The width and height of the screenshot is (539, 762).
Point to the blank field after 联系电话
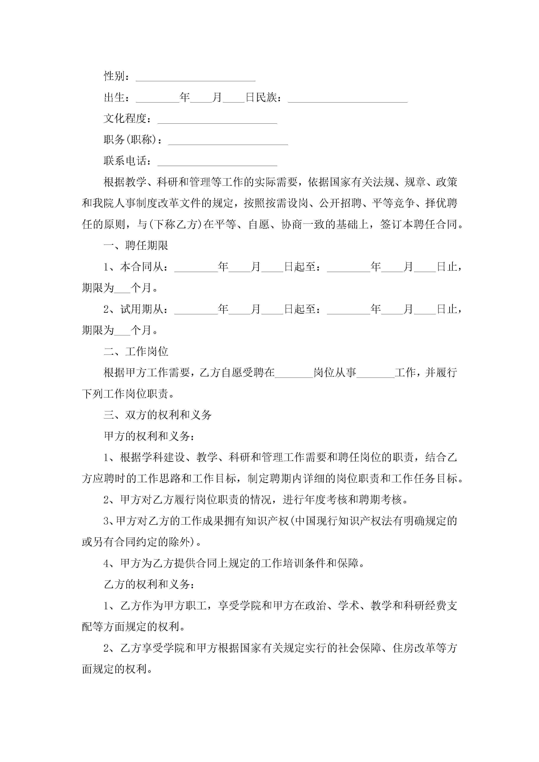tap(217, 162)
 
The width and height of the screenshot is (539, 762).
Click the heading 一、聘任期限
tap(136, 246)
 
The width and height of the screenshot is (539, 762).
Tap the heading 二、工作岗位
tap(136, 351)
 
